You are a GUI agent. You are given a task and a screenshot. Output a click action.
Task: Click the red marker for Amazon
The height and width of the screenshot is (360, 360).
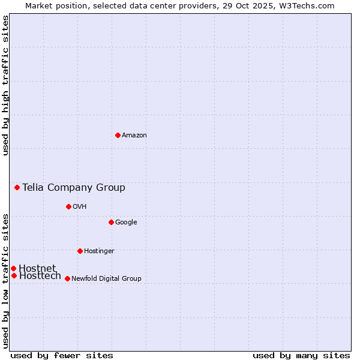118,135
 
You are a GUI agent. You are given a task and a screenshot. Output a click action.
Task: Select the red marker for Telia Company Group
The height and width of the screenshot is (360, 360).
17,187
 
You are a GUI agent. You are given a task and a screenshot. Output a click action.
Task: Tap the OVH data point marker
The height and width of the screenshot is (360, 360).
68,206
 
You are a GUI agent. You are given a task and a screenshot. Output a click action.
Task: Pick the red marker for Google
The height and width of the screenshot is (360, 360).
111,222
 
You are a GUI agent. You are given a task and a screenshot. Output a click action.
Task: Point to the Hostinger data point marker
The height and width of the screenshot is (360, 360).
80,251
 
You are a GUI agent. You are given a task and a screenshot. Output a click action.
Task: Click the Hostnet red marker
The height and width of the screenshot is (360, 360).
13,268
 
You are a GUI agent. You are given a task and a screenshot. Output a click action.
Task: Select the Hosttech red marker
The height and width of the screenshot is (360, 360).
14,275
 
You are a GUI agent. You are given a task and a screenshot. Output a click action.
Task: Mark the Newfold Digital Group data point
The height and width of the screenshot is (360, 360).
67,278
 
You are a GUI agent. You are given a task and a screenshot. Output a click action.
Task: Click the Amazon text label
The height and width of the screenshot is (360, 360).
134,136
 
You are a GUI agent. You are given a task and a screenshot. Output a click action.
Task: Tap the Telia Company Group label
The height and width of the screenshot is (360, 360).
74,188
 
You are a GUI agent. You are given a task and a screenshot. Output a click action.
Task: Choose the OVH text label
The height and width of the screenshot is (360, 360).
80,207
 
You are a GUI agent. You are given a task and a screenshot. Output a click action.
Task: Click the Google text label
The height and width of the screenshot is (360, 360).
126,223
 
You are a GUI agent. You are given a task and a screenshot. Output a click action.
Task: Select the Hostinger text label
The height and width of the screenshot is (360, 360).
99,251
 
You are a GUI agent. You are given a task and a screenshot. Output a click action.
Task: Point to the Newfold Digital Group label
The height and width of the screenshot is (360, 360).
106,279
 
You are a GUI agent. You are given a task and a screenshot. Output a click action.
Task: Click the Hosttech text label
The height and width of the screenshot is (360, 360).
40,276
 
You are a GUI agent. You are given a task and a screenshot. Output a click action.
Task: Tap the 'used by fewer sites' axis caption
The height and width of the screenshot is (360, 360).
62,355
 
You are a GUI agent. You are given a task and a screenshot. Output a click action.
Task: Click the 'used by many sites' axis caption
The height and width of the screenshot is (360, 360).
301,355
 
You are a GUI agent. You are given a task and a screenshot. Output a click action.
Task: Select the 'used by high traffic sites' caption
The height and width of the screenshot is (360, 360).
5,85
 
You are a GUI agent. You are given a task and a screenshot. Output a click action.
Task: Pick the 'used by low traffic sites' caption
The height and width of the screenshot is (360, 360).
5,280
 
